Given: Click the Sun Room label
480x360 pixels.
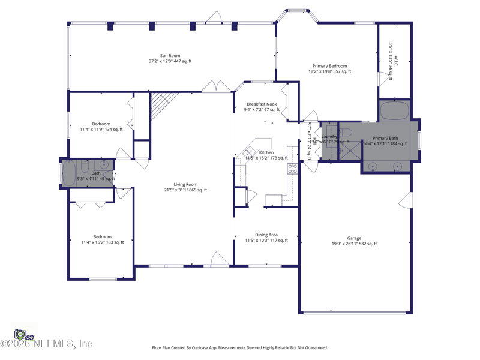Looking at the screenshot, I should click(170, 56).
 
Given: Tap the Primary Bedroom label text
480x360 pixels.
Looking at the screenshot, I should click(329, 66).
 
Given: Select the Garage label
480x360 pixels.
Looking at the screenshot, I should click(354, 238).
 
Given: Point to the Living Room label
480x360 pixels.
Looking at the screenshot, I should click(185, 185).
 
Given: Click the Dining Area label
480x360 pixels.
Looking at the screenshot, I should click(266, 235).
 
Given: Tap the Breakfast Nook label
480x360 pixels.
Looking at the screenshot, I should click(262, 104).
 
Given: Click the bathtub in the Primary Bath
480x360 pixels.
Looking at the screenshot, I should click(394, 110).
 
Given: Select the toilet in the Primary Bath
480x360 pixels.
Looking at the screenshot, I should click(346, 133).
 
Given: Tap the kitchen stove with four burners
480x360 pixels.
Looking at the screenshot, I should click(292, 169).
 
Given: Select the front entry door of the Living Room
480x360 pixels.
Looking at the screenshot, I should click(220, 259).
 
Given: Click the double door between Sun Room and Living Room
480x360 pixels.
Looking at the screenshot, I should click(216, 87).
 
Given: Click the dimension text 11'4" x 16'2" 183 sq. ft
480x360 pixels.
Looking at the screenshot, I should click(102, 242).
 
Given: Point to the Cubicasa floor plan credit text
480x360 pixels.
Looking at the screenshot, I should click(240, 347).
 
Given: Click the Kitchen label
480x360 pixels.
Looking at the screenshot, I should click(266, 152).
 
